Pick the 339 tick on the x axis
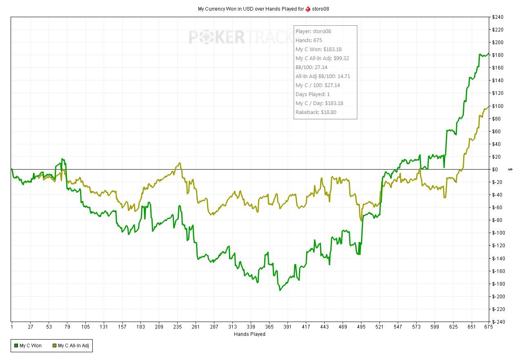(x=251, y=327)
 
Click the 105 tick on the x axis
(x=85, y=327)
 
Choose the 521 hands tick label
(x=380, y=327)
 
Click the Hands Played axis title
(x=250, y=334)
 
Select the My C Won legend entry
(x=28, y=346)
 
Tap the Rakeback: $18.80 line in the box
(x=316, y=112)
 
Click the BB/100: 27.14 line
(x=312, y=67)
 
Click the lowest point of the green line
(x=280, y=290)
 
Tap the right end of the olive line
(x=489, y=107)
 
